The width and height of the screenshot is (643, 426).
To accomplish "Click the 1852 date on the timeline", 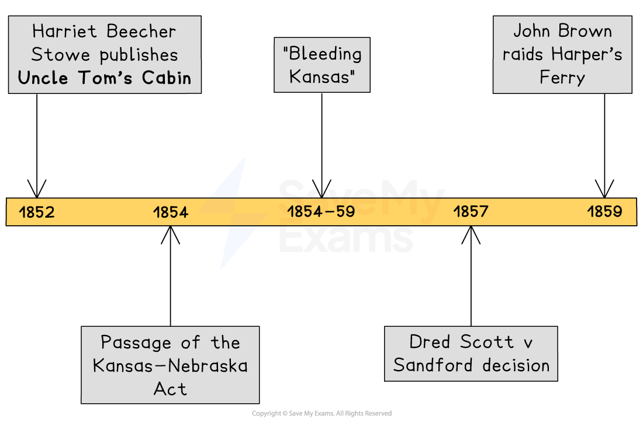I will pyautogui.click(x=36, y=212).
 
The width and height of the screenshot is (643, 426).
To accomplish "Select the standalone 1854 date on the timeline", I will pyautogui.click(x=171, y=212).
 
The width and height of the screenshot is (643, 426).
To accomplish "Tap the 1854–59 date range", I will pyautogui.click(x=321, y=211).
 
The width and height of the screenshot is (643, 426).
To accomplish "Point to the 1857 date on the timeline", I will pyautogui.click(x=471, y=211).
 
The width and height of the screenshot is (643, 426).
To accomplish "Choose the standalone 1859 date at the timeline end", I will pyautogui.click(x=604, y=211).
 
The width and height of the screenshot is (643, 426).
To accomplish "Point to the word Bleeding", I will pyautogui.click(x=322, y=54).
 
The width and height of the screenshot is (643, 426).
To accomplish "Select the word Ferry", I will pyautogui.click(x=562, y=77).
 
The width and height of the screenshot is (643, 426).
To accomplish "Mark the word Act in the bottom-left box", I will pyautogui.click(x=170, y=389).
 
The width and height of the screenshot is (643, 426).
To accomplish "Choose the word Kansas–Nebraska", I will pyautogui.click(x=170, y=366).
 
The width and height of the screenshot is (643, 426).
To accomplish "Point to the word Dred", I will pyautogui.click(x=433, y=341).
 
